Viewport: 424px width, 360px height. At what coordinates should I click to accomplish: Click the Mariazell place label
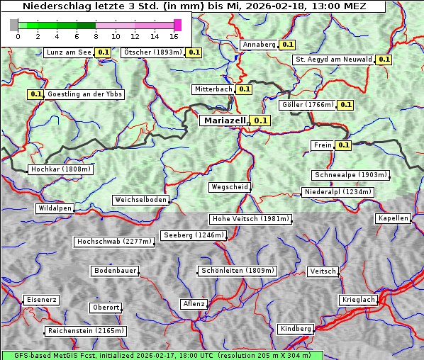[224, 120]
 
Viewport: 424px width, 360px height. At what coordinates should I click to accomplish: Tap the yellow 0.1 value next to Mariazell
[261, 121]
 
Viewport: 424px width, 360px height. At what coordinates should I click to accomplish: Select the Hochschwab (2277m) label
[114, 242]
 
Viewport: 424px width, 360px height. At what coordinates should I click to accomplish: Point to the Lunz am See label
[68, 52]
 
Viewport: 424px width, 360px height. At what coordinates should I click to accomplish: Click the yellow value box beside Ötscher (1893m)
[194, 52]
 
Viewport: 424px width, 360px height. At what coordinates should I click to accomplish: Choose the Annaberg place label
[259, 45]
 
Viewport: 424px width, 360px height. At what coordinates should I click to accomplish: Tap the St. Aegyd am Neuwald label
[333, 60]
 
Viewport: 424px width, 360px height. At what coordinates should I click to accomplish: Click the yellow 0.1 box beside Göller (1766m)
[345, 105]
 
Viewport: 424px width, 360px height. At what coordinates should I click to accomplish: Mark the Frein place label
[322, 145]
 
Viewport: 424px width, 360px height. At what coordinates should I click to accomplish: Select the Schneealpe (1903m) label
[350, 175]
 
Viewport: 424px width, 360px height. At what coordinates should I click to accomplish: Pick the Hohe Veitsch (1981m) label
[250, 219]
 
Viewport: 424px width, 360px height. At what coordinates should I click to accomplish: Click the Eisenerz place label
[41, 300]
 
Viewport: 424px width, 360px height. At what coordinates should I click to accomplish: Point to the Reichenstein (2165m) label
[86, 331]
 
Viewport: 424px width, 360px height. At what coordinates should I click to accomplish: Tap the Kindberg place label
[296, 329]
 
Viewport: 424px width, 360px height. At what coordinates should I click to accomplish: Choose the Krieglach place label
[358, 300]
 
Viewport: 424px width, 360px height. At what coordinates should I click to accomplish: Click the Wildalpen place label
[55, 208]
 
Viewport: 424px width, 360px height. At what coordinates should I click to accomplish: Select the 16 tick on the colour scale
[174, 36]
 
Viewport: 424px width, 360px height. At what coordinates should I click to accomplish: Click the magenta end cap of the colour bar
[177, 26]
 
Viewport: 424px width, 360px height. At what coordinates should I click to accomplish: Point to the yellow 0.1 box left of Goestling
[35, 94]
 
